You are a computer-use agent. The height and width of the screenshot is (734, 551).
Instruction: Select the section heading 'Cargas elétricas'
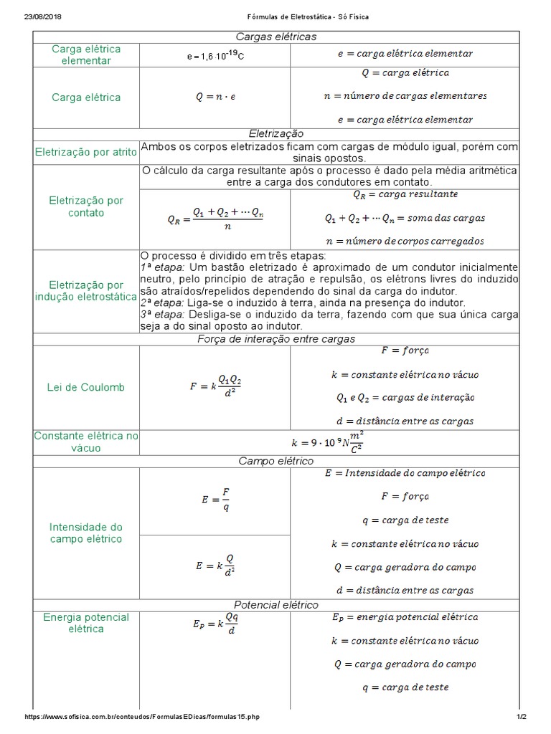275,37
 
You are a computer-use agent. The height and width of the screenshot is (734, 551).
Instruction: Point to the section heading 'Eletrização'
275,133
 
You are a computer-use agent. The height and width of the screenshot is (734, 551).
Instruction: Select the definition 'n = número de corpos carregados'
405,241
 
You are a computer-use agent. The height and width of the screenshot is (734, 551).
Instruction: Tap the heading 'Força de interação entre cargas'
275,338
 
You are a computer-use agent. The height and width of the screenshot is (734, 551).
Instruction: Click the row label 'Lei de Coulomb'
86,387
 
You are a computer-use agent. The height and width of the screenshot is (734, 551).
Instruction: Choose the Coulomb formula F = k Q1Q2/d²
215,387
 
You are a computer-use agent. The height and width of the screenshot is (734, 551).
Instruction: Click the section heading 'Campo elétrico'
275,460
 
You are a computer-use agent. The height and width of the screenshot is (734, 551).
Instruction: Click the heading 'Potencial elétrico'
275,605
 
